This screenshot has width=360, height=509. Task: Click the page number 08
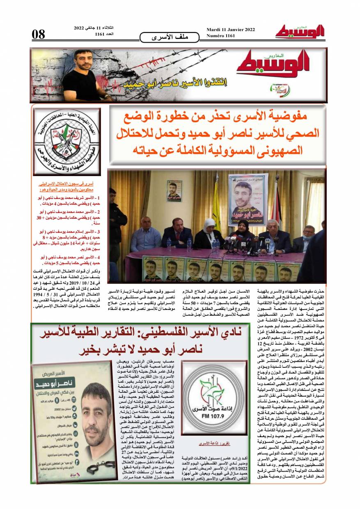39,34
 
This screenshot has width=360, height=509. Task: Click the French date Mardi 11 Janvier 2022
231,30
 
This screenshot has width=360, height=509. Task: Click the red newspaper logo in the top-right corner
300,32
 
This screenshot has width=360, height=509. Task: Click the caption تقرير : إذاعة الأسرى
208,444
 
